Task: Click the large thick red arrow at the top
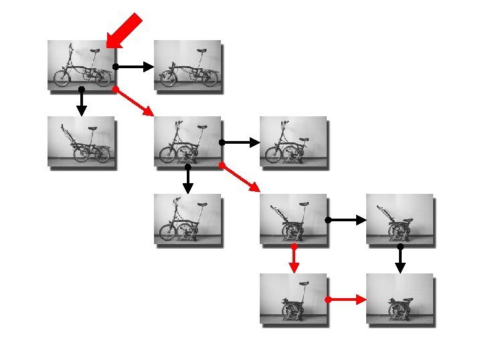[125, 31]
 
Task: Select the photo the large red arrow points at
[81, 65]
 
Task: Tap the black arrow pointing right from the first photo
[134, 67]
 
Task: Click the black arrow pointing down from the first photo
[81, 102]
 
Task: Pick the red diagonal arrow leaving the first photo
[134, 102]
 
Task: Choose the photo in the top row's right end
[187, 65]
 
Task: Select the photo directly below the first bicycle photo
[81, 141]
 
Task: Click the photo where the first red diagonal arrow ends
[187, 141]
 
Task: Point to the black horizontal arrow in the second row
[240, 142]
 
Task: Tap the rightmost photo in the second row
[293, 141]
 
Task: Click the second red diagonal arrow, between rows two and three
[240, 178]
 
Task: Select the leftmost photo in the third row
[187, 218]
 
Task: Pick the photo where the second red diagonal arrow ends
[293, 218]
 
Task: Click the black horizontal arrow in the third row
[346, 220]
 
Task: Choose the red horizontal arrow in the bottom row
[346, 300]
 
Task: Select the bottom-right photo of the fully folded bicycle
[400, 298]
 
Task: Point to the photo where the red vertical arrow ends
[293, 298]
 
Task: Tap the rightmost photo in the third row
[400, 218]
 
